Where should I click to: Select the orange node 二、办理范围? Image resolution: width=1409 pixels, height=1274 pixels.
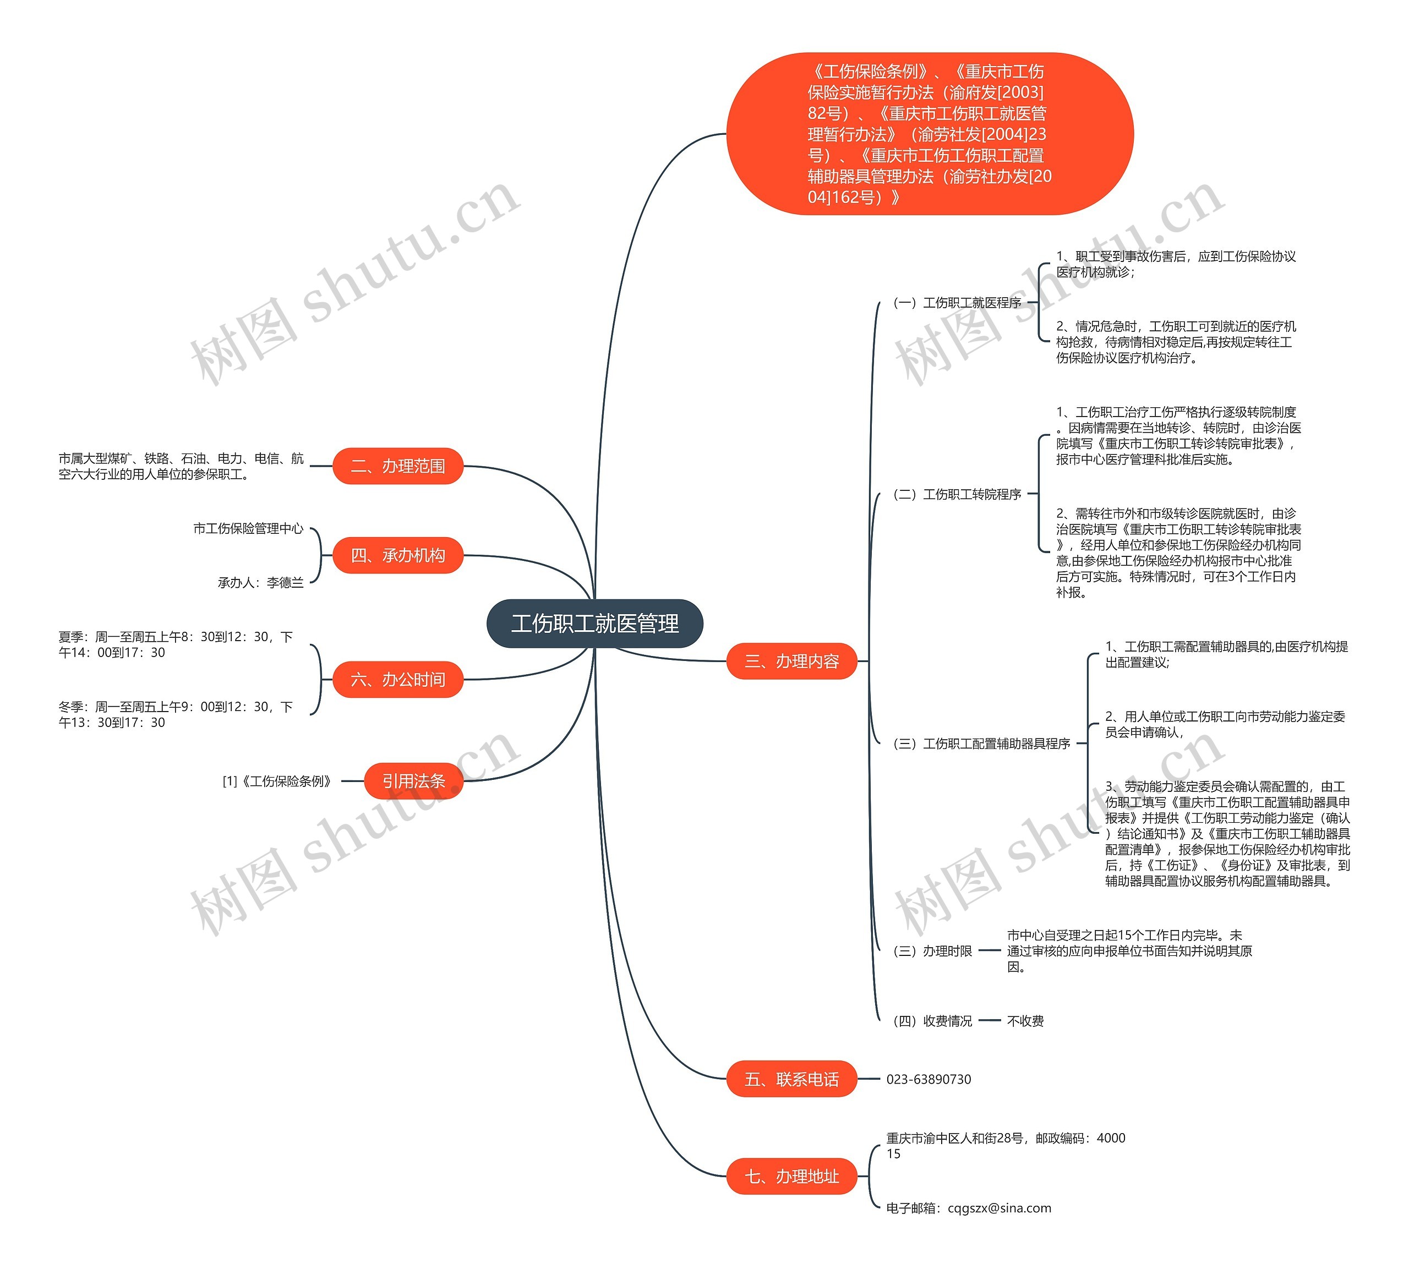click(x=398, y=466)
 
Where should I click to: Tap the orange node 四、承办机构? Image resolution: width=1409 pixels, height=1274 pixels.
click(x=398, y=556)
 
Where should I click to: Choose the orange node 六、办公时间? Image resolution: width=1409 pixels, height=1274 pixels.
click(x=398, y=679)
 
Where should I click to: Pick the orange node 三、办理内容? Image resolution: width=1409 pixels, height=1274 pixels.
click(x=792, y=661)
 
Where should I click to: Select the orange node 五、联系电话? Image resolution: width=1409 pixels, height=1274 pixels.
click(x=792, y=1079)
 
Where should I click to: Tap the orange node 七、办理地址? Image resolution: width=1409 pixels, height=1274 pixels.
click(x=792, y=1177)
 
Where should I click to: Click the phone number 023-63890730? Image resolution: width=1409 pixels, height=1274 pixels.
click(x=929, y=1079)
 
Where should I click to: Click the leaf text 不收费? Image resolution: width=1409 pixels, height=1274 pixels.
click(x=1025, y=1021)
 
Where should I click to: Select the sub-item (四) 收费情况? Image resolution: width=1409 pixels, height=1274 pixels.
click(x=932, y=1021)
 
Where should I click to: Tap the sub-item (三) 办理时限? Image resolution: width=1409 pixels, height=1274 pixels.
click(x=932, y=951)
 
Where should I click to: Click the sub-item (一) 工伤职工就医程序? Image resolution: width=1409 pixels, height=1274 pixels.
click(x=957, y=303)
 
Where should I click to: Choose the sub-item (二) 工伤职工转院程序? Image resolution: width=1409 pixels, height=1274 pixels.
click(x=957, y=494)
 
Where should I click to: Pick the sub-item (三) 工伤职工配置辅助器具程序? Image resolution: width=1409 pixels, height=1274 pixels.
click(x=981, y=743)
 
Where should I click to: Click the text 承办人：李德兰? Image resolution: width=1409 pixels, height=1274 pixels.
click(x=261, y=582)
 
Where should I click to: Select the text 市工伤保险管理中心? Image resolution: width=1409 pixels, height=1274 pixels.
click(x=248, y=528)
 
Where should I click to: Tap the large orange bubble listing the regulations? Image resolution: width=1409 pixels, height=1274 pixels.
click(x=930, y=134)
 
